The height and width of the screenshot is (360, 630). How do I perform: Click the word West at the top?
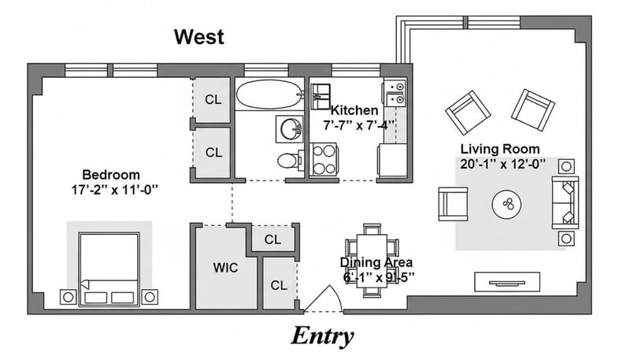[x=199, y=36]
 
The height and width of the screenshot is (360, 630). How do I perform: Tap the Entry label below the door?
[x=322, y=336]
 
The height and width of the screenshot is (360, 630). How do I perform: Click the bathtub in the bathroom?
[x=269, y=95]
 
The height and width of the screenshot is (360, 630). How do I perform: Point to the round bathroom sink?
[x=290, y=129]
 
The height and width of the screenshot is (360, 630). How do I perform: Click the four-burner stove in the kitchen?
[x=324, y=159]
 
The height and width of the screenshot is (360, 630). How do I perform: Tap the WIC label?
[x=225, y=268]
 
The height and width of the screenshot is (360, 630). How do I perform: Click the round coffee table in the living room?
[x=506, y=205]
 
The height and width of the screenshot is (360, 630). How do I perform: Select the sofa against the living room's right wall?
[x=565, y=202]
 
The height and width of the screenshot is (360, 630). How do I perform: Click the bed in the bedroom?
[x=109, y=269]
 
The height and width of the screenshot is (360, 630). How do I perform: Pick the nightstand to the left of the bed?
[x=68, y=297]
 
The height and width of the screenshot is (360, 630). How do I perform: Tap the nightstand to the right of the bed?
[x=150, y=297]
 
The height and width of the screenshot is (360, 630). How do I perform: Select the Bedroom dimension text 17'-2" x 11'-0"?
[x=114, y=190]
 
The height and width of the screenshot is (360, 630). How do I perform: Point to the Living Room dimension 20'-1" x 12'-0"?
[x=502, y=164]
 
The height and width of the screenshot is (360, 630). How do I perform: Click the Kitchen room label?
[x=354, y=110]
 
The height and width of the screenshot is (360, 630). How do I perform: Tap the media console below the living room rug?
[x=507, y=282]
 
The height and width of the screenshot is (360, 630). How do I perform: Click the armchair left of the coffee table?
[x=454, y=204]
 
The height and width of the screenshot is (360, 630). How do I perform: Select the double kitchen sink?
[x=395, y=93]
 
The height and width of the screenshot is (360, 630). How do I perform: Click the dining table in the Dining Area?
[x=372, y=261]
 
